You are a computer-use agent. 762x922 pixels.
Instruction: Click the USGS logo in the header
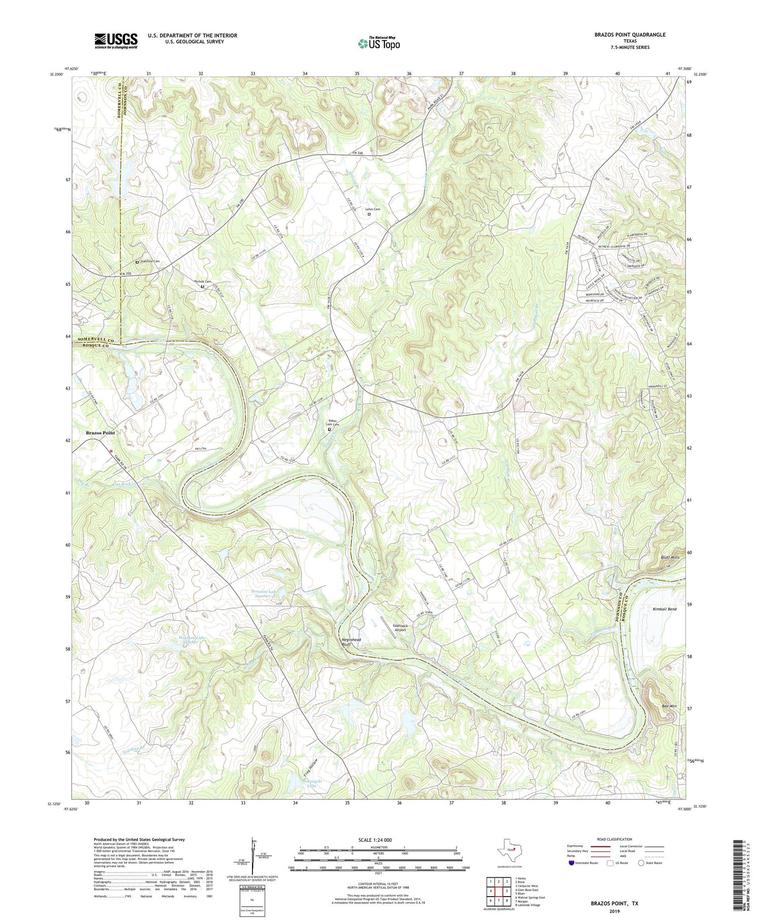point(116,41)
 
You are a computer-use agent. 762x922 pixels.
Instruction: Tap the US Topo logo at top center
point(378,43)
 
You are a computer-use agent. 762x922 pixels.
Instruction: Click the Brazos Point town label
point(100,433)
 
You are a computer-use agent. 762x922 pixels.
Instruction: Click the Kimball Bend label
point(664,609)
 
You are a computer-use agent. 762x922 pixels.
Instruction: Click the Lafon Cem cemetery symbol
point(369,215)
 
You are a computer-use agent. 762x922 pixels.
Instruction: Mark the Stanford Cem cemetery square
point(137,262)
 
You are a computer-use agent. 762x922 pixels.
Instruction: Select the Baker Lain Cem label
point(333,422)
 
